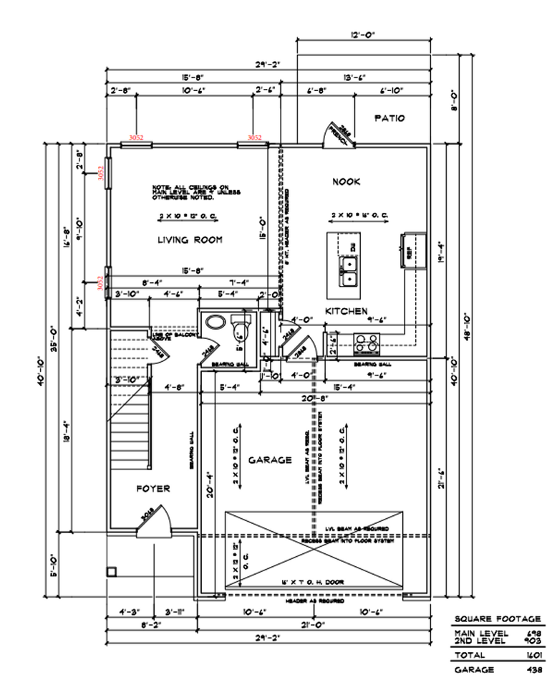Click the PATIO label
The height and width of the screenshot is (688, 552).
point(389,118)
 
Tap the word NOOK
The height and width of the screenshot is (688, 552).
point(346,182)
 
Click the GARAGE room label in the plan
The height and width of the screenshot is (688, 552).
point(270,459)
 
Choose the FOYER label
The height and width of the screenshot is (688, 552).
point(153,488)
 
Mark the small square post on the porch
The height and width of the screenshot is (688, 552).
point(111,571)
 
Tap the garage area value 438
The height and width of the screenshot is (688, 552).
point(532,669)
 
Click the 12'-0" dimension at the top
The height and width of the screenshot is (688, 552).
point(364,34)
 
